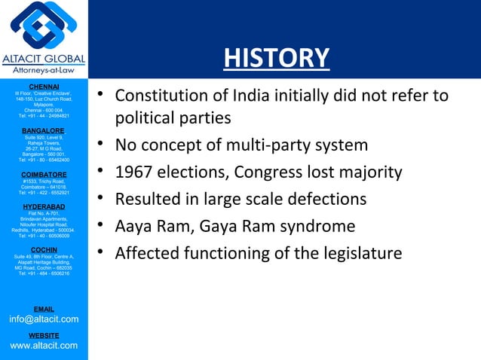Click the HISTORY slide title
277,58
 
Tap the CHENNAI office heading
44,87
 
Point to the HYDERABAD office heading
44,206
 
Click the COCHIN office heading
44,249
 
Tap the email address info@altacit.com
44,319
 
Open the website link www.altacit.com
44,345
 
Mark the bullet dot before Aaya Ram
99,226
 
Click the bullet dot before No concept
99,145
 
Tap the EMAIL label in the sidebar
44,309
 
